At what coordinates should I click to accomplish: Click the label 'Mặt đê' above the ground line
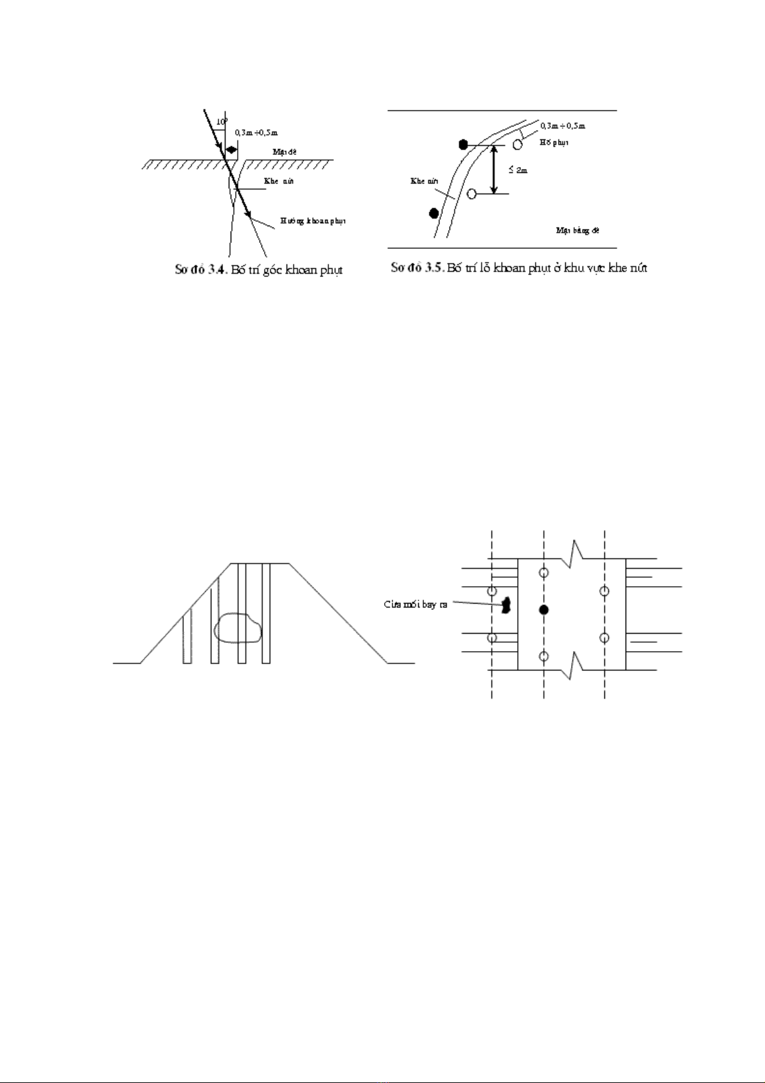[x=285, y=152]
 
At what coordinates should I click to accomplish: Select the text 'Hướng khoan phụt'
[x=313, y=221]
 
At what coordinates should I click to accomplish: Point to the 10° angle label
[x=220, y=121]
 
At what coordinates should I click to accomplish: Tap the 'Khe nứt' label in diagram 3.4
[x=279, y=181]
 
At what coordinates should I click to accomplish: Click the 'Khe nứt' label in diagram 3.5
[x=424, y=181]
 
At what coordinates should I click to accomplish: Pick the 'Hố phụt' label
[x=554, y=143]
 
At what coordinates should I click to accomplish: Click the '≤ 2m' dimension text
[x=518, y=170]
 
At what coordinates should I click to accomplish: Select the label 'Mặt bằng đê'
[x=577, y=230]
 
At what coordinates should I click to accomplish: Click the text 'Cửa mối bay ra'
[x=415, y=605]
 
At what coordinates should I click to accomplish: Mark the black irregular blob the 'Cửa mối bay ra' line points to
[x=506, y=605]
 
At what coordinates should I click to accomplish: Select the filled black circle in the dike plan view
[x=544, y=609]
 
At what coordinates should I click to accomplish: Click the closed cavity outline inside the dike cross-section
[x=238, y=628]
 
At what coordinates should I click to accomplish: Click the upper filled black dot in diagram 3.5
[x=464, y=144]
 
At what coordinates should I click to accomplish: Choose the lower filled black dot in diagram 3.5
[x=434, y=213]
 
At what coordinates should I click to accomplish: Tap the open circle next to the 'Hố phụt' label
[x=517, y=144]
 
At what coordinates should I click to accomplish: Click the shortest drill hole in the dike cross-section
[x=187, y=636]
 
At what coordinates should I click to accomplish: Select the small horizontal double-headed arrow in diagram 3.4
[x=231, y=149]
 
